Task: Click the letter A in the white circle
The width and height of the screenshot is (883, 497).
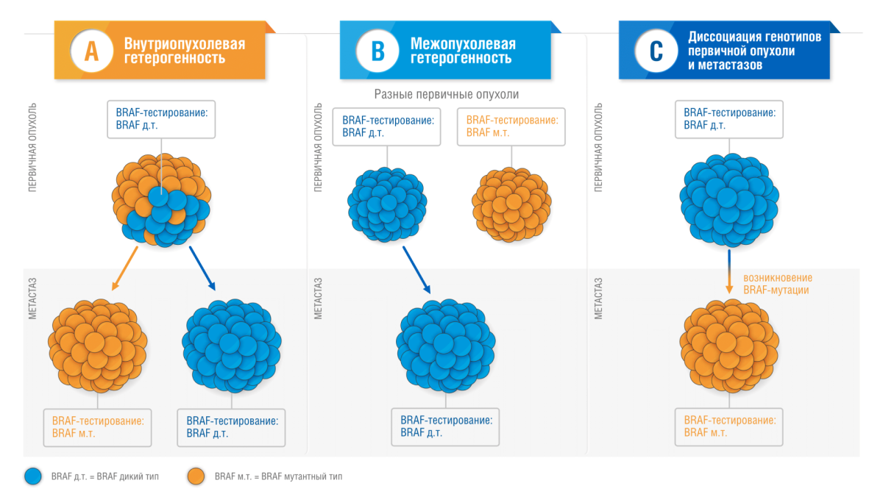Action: (x=91, y=51)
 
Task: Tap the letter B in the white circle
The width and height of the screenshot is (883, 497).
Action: (x=377, y=51)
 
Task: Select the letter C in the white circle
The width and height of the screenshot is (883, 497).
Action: (x=656, y=51)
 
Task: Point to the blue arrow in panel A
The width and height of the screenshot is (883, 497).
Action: (x=202, y=269)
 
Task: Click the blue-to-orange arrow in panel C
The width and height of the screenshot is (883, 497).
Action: (x=729, y=271)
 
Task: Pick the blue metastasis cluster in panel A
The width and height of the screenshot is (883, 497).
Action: (x=231, y=344)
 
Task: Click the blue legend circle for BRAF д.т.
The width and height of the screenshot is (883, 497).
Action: (x=33, y=476)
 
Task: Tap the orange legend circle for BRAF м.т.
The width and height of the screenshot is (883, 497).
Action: (x=196, y=476)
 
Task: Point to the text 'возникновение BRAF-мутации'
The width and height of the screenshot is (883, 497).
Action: (x=777, y=284)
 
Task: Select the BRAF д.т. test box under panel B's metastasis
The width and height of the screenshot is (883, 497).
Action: (x=446, y=426)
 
